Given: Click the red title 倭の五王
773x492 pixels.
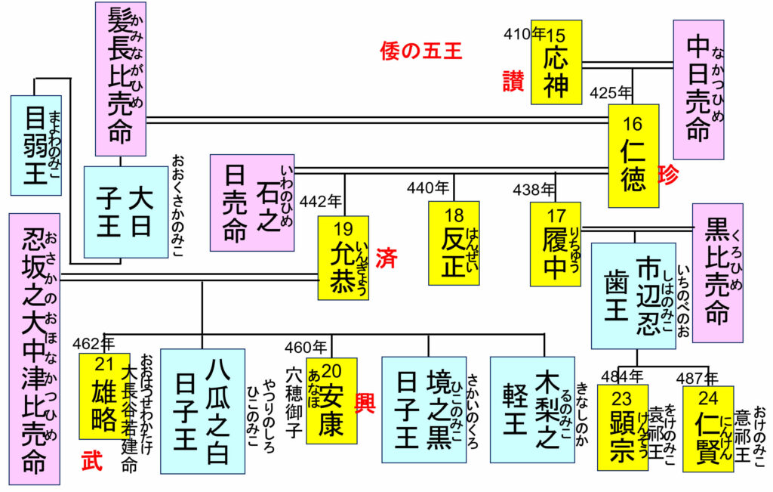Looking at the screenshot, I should (x=421, y=51).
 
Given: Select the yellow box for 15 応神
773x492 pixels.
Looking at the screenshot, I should (x=556, y=62).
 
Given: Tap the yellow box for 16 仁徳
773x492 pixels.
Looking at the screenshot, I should (x=633, y=156).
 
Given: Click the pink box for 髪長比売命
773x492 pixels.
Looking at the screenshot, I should (x=120, y=79).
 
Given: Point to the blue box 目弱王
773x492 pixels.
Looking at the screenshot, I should (x=35, y=145).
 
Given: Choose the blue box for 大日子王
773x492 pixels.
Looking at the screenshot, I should (x=125, y=212).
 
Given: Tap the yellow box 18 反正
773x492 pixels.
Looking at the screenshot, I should (x=454, y=243).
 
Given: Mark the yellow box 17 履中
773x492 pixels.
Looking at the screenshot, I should (x=555, y=243).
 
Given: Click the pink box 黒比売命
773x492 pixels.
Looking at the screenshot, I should (x=717, y=272).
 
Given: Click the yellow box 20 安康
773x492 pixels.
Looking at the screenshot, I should (x=331, y=401).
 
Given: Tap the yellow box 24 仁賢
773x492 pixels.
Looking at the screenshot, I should (x=708, y=429).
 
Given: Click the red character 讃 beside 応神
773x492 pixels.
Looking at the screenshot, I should (x=513, y=81).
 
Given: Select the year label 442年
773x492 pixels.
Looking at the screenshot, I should (x=321, y=203).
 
